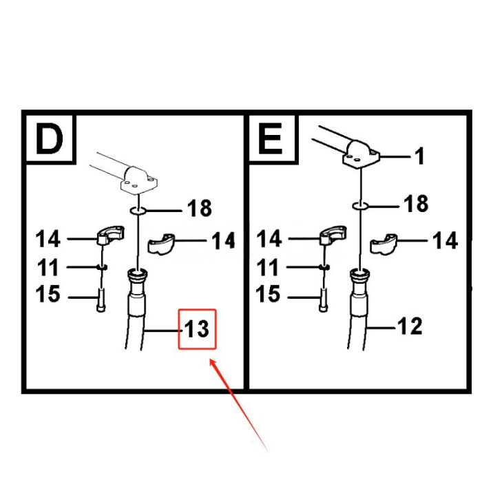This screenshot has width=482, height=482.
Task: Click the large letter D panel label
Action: click(x=48, y=138)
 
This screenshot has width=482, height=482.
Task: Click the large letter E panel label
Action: click(x=270, y=138)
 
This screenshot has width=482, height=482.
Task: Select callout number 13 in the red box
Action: click(x=197, y=329)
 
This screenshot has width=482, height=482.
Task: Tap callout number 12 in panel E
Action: click(x=410, y=325)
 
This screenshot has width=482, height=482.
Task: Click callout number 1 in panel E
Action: click(x=419, y=157)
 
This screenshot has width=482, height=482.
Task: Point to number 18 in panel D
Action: click(x=199, y=207)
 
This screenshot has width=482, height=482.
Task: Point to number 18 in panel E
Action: click(x=416, y=204)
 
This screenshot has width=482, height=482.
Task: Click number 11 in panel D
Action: click(x=48, y=267)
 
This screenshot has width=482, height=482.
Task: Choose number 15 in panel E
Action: click(x=269, y=295)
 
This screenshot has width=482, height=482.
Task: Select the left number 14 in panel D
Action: click(x=48, y=240)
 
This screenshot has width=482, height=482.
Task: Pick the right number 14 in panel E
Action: click(x=445, y=240)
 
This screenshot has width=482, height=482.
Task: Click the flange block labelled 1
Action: click(x=361, y=155)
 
